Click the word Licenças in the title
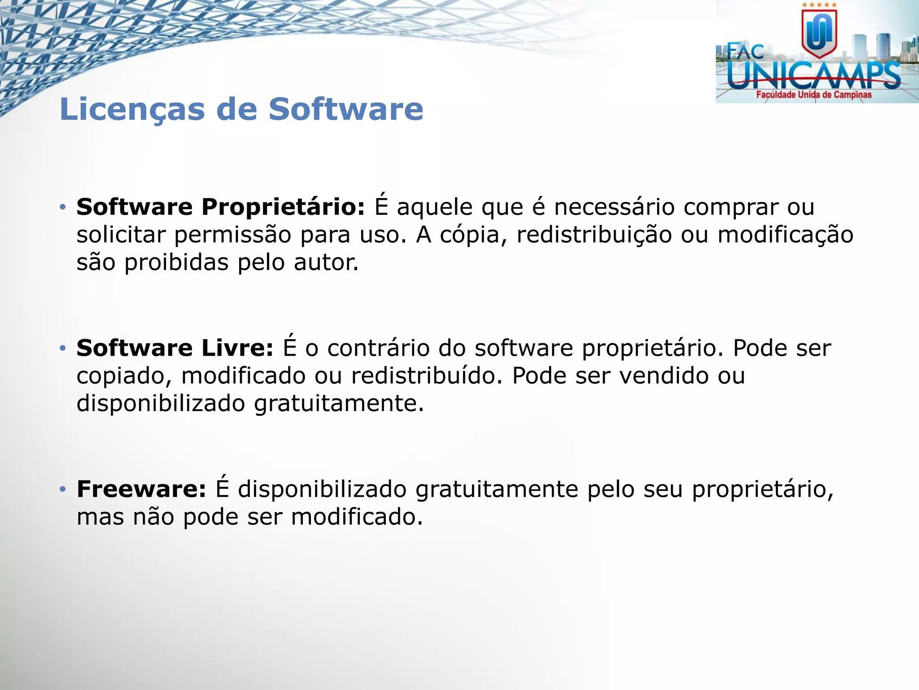(x=132, y=110)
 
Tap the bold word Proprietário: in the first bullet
(x=283, y=208)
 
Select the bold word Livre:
(x=237, y=348)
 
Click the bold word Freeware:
(x=141, y=489)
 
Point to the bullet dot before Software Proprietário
(x=63, y=208)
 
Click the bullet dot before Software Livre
(x=63, y=348)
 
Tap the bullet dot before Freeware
(x=63, y=489)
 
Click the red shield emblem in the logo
(x=819, y=33)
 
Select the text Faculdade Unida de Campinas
(x=814, y=95)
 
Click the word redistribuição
(x=594, y=235)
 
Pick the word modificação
(x=785, y=235)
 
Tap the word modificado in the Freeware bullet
(x=357, y=517)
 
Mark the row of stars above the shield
(x=819, y=5)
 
